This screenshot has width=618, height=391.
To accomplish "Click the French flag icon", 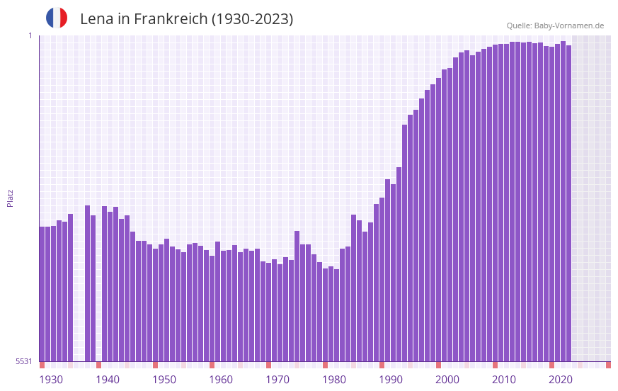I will (x=57, y=18).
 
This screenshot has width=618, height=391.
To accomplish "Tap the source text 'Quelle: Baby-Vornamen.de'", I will (x=555, y=25).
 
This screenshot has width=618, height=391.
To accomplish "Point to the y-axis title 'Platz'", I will (x=10, y=198).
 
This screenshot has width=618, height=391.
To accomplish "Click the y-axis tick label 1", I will (x=30, y=35).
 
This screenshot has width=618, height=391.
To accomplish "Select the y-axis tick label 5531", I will (x=24, y=361).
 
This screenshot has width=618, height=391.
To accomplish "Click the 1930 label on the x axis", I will (x=51, y=380).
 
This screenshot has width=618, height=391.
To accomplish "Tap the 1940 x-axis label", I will (x=108, y=380).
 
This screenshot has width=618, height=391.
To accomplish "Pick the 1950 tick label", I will (x=164, y=380).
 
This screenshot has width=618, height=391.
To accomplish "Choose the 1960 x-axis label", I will (x=221, y=380).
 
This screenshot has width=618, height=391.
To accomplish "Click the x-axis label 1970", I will (x=277, y=380).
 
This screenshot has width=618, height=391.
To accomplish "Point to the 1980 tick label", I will (x=334, y=380).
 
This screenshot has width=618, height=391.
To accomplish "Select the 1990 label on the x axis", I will (x=391, y=380).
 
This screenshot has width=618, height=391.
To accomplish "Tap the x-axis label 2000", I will (x=447, y=380).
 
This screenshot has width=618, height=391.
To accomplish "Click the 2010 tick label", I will (x=504, y=380).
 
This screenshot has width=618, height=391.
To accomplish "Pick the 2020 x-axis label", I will (x=561, y=380).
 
